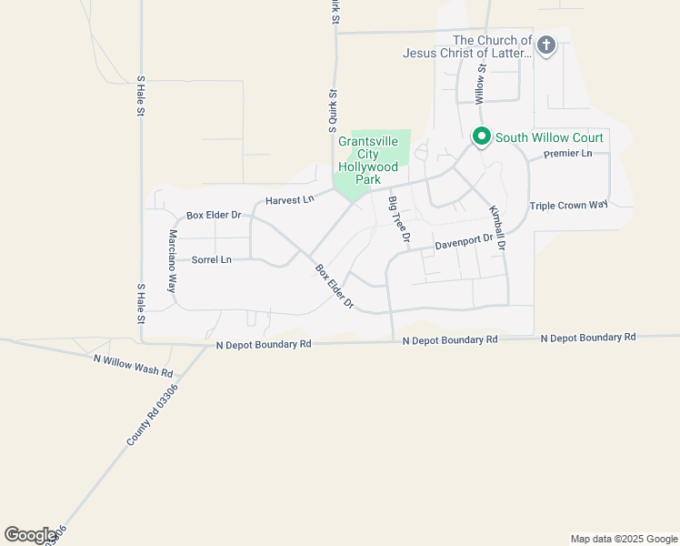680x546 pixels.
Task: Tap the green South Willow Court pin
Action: coord(481,137)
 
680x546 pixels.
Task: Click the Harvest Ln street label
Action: coord(289,198)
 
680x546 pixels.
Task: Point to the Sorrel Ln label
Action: coord(211,260)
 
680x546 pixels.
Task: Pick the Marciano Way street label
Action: coord(171,260)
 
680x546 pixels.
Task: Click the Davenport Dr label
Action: coord(463,242)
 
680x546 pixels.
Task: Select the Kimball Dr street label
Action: coord(496,227)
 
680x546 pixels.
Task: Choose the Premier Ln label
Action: coord(567,155)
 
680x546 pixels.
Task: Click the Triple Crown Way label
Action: coord(568,205)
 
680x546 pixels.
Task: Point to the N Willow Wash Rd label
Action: coord(133,366)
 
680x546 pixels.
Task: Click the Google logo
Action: coord(30,535)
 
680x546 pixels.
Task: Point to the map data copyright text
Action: coord(624,539)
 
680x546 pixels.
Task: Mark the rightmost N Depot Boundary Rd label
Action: coord(587,338)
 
